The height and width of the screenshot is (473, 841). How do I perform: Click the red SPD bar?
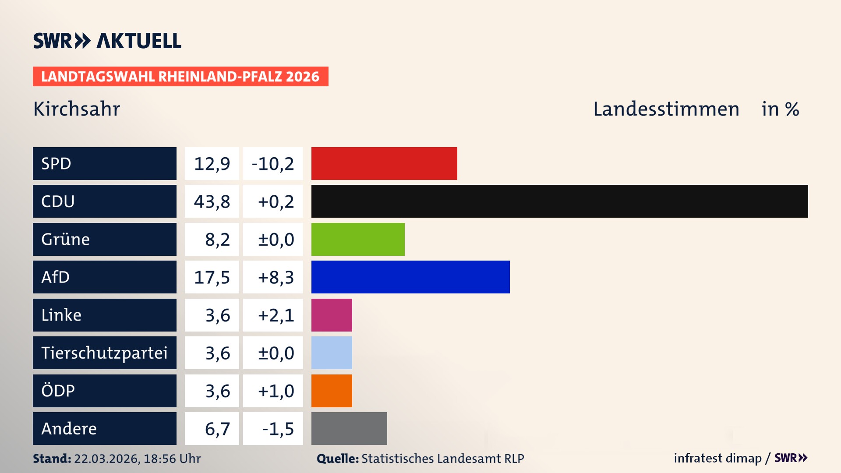point(384,163)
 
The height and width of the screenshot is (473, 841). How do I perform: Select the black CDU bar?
point(559,201)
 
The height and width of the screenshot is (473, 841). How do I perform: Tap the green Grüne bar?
point(358,239)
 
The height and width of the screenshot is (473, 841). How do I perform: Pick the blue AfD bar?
point(410,277)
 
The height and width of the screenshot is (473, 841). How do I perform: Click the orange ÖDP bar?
point(332,391)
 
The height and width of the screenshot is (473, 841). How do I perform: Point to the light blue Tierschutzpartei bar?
point(332,353)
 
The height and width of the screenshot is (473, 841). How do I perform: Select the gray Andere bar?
point(349,428)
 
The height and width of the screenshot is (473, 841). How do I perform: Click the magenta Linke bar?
point(332,315)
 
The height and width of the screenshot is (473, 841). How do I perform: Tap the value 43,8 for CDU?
point(212,201)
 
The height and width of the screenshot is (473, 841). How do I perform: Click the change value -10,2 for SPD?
point(273,163)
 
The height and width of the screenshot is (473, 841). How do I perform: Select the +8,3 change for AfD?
point(276,277)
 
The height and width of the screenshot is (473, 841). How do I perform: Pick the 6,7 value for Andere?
point(217,428)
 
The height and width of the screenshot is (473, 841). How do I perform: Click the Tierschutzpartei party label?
point(104,353)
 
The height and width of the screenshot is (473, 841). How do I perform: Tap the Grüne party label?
point(66,239)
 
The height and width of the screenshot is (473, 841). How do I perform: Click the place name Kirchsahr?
point(77,109)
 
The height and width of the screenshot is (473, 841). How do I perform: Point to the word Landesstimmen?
point(666,109)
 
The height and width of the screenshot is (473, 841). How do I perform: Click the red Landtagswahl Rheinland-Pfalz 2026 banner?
point(180,76)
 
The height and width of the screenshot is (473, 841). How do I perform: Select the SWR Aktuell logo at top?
point(107,41)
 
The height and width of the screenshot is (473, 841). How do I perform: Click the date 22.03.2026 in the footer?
point(106,459)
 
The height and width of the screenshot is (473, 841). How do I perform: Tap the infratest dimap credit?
point(717,458)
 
